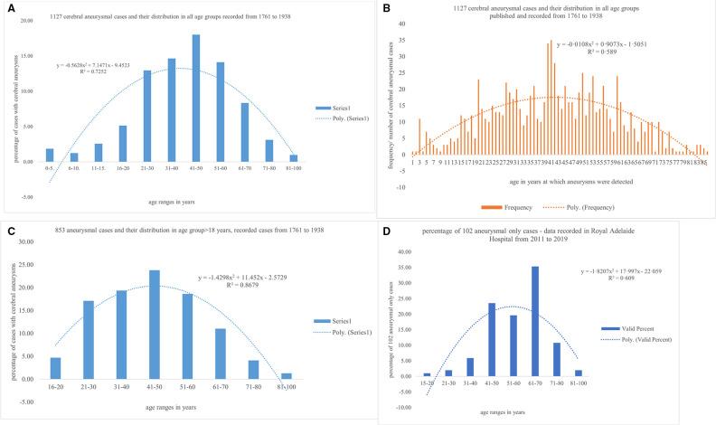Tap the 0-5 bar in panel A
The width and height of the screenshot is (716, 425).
pos(50,155)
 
